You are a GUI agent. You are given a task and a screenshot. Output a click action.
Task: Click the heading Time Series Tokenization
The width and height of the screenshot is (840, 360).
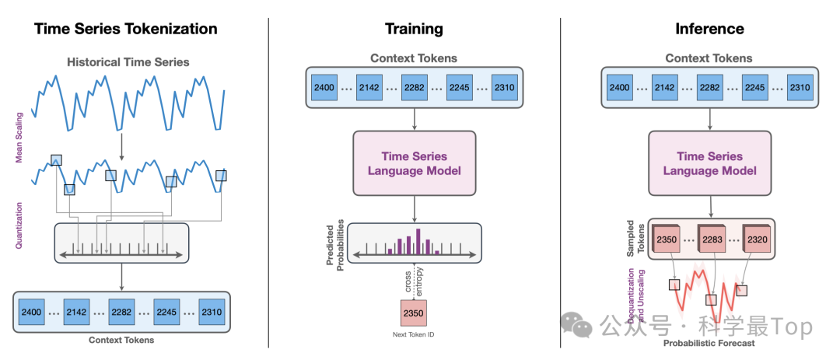click(x=125, y=30)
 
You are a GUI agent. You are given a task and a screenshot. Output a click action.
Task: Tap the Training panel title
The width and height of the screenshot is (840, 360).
click(x=414, y=30)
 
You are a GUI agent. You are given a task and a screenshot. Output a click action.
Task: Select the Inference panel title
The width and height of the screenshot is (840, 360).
click(x=709, y=30)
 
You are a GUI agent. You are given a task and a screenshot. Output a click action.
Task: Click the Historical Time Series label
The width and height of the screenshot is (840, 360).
click(x=128, y=61)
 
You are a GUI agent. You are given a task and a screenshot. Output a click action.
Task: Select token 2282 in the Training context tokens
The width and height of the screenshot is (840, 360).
click(x=415, y=87)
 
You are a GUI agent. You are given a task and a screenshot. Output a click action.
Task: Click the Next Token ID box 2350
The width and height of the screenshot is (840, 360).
click(x=414, y=312)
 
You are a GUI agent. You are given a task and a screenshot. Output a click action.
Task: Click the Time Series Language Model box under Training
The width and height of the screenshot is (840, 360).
click(x=414, y=163)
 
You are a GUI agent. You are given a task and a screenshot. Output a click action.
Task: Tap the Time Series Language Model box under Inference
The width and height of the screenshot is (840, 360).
click(x=709, y=163)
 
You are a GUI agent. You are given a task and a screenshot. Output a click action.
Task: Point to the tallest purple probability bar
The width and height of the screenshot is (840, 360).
click(x=418, y=240)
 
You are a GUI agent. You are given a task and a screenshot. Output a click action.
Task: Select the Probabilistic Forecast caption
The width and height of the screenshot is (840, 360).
click(x=709, y=343)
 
